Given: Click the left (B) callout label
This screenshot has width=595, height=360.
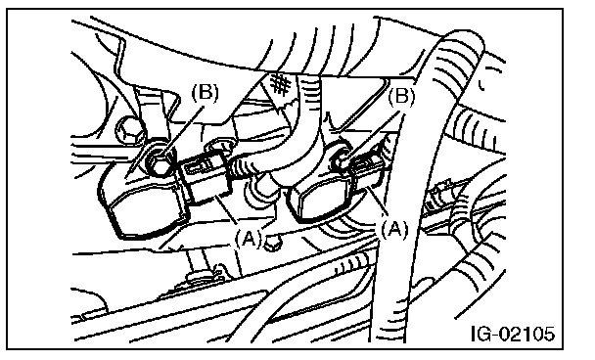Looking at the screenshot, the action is pos(205,93).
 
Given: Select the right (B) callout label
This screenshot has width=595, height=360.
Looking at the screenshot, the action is pos(401,97).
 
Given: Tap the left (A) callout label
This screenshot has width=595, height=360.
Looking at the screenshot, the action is pos(249,239).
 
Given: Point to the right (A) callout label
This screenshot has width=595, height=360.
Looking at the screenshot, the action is pos(394,229).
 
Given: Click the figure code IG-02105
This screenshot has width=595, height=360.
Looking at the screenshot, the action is pos(513,334).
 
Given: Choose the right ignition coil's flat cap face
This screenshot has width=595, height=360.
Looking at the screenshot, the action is pos(322,201).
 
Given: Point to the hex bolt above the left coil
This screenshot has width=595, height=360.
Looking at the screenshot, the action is pos(129,131).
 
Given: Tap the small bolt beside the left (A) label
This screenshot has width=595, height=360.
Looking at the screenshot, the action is pos(272,244).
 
